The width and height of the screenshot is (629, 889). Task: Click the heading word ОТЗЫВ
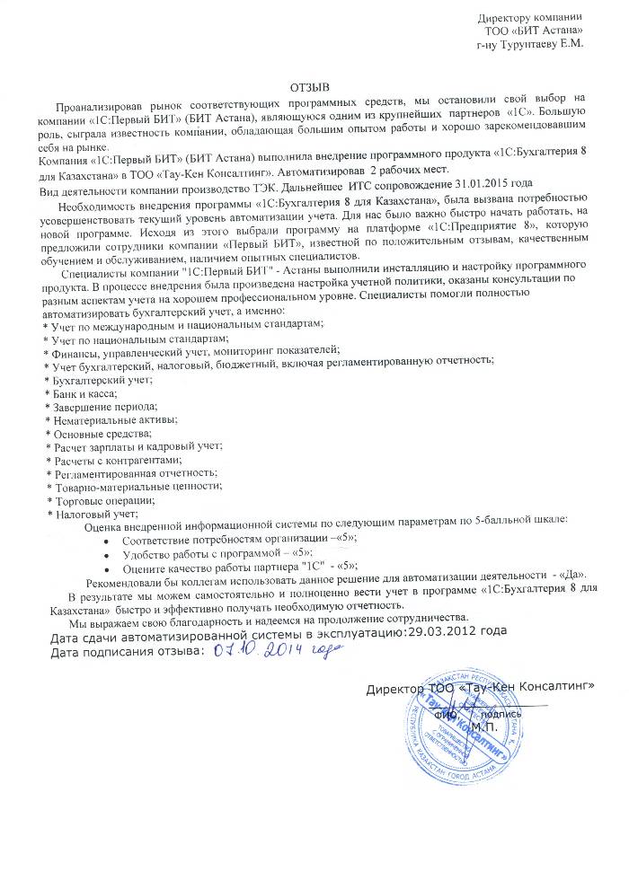click(310, 87)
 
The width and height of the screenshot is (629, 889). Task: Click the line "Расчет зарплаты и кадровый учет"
click(138, 446)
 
